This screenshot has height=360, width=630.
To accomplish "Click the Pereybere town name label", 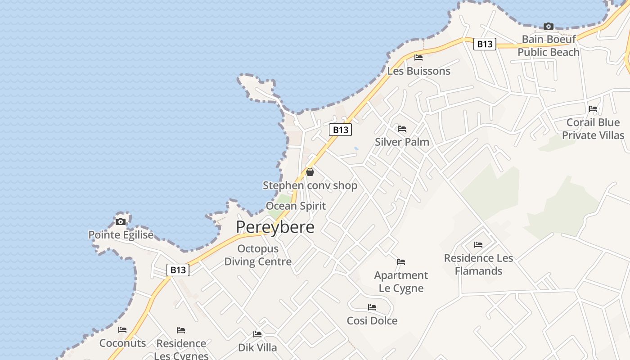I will [x=275, y=227].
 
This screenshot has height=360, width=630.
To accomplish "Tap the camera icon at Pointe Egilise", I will [x=121, y=221].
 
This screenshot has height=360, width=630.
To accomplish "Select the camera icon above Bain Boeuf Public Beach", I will [x=548, y=26].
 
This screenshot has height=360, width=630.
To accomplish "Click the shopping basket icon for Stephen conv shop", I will [x=310, y=172].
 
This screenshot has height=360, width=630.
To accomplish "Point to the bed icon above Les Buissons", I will [x=418, y=58].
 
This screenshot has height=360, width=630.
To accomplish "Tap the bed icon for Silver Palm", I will [x=402, y=129].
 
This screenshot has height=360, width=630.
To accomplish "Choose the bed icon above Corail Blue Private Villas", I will [x=593, y=109].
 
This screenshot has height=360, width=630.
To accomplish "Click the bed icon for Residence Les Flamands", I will [x=478, y=245].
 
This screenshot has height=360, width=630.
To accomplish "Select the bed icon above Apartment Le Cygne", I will [x=400, y=262].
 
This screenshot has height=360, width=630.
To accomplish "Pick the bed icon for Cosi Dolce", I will [x=372, y=307].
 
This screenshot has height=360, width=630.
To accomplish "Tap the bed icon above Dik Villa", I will [x=257, y=334].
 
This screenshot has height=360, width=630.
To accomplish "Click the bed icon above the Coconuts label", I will [x=122, y=330].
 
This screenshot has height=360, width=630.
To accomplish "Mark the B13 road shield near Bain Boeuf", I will [x=485, y=44].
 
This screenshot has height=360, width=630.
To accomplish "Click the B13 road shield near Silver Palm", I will [x=340, y=130].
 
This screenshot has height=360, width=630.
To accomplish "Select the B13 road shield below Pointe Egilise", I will [x=178, y=270].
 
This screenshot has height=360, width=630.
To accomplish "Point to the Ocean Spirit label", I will [x=296, y=206].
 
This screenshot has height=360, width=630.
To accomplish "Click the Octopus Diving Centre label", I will [x=258, y=255].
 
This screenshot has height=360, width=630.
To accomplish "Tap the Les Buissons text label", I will [x=418, y=71].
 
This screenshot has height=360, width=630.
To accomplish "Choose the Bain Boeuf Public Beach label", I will [x=548, y=46].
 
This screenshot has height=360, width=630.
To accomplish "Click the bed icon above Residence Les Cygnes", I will [x=181, y=330].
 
